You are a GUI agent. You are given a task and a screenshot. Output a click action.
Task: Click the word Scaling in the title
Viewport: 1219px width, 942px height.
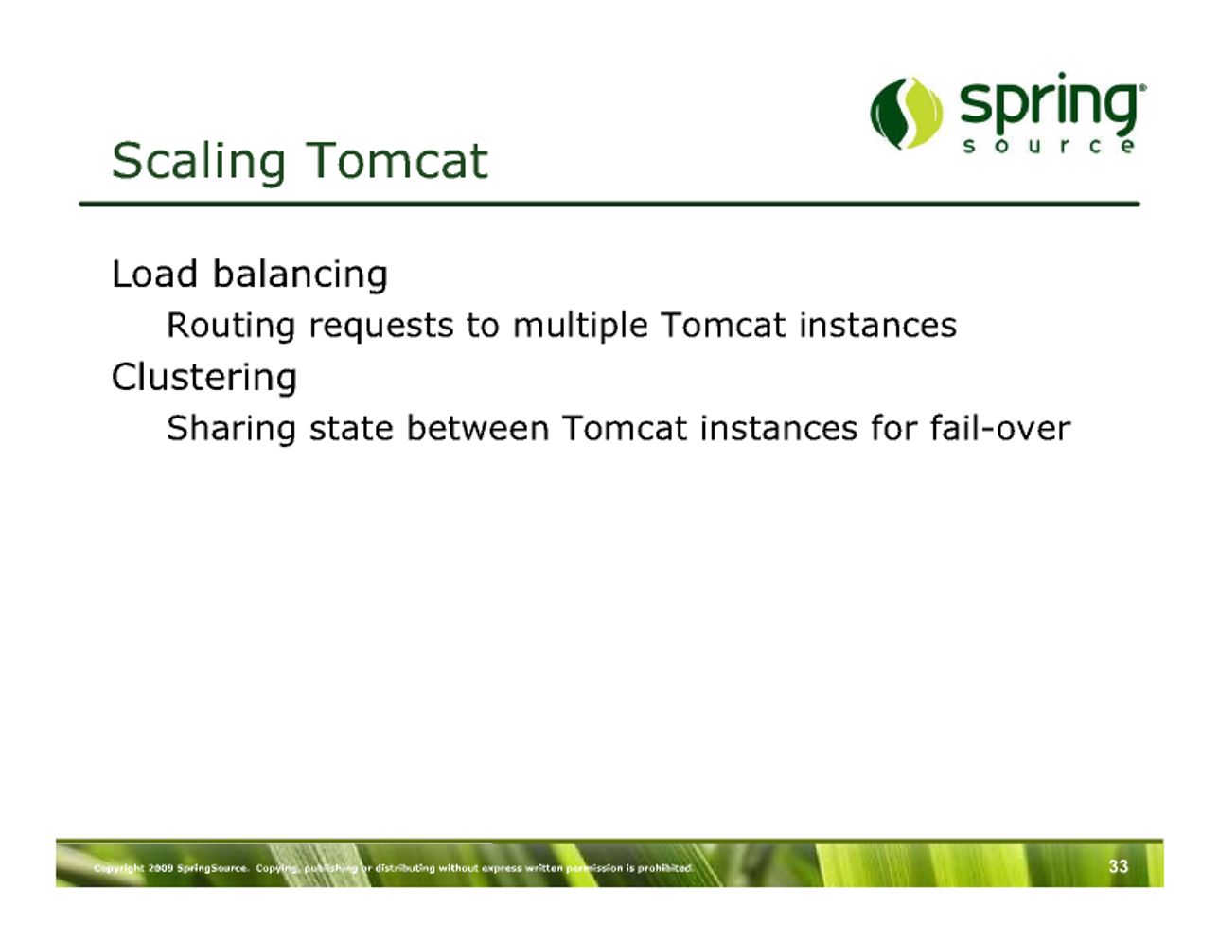point(199,162)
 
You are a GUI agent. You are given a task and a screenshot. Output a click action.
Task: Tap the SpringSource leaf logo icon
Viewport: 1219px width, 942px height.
point(906,113)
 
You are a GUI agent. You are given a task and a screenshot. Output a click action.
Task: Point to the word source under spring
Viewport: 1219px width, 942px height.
point(1049,146)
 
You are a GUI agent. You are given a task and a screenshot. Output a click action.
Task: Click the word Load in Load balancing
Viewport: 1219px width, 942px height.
point(155,274)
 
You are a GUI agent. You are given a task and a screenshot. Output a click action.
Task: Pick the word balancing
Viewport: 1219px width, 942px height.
point(300,275)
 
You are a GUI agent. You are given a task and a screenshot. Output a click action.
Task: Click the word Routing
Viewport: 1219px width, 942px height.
point(231,326)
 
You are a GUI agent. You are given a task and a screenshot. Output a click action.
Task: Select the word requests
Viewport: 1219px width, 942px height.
point(380,328)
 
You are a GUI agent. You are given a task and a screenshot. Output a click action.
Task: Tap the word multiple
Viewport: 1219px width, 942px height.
point(580,326)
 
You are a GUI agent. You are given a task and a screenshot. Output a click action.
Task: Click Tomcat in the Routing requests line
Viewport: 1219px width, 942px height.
point(722,325)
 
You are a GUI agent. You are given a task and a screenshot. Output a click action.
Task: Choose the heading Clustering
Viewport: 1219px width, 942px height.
point(204,377)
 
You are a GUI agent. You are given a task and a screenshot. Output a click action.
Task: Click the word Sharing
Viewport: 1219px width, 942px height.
point(231,429)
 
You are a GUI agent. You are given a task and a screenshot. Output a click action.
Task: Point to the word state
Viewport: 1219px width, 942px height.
point(351,429)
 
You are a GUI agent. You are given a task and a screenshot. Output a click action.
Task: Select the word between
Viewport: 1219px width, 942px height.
point(477,428)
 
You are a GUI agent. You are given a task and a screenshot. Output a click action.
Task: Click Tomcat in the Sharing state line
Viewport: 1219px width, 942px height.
point(624,428)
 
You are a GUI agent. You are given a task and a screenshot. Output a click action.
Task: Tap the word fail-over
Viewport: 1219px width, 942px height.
point(999,428)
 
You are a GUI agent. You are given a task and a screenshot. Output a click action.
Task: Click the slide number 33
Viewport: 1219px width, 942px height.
point(1118,866)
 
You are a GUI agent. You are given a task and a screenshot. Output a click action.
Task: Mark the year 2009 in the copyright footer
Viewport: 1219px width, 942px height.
point(161,868)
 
